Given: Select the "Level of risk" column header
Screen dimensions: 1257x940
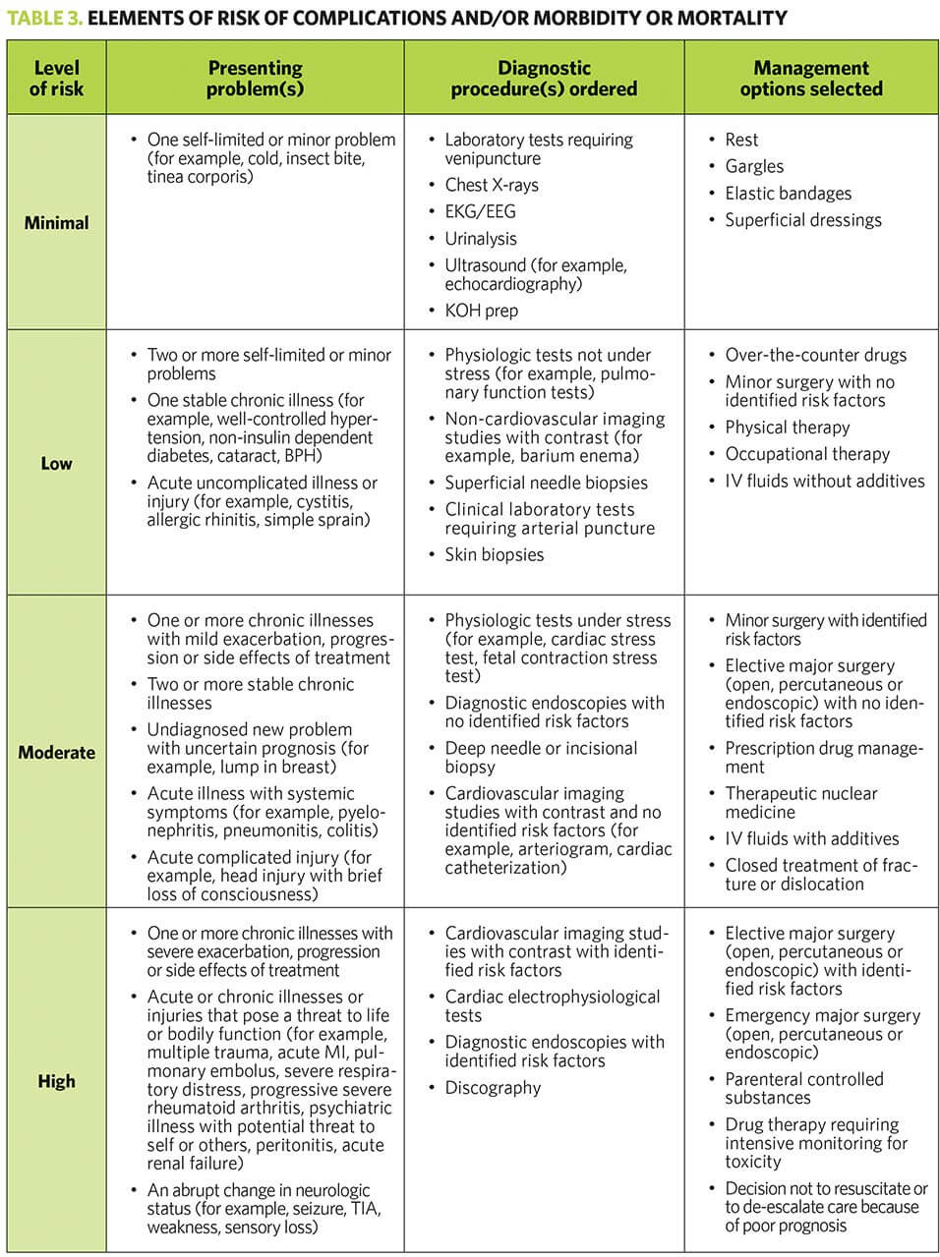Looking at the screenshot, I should pyautogui.click(x=56, y=79).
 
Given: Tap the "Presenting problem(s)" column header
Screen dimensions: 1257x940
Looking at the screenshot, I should pyautogui.click(x=255, y=79).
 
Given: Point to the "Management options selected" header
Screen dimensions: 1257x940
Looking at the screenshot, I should pyautogui.click(x=811, y=79).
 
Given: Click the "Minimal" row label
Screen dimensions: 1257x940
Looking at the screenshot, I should pyautogui.click(x=56, y=223).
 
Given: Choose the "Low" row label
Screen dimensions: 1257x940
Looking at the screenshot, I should pyautogui.click(x=56, y=463).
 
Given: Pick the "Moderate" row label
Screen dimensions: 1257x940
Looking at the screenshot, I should pyautogui.click(x=56, y=753).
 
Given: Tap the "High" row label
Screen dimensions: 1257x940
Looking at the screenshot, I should pyautogui.click(x=56, y=1081).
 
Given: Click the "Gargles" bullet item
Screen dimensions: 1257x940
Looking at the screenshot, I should pyautogui.click(x=754, y=167).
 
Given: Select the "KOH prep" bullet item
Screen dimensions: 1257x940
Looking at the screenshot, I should pyautogui.click(x=481, y=311).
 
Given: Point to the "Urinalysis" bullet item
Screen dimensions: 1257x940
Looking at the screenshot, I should pyautogui.click(x=480, y=239).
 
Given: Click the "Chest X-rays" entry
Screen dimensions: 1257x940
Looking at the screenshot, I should pyautogui.click(x=491, y=185).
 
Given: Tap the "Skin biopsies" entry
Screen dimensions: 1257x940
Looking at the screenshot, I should pyautogui.click(x=494, y=554).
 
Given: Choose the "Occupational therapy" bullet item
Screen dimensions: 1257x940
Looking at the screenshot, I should pyautogui.click(x=806, y=454).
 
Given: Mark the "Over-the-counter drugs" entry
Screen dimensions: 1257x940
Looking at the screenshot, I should pyautogui.click(x=815, y=356).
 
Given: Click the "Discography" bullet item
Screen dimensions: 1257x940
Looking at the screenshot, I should pyautogui.click(x=493, y=1088).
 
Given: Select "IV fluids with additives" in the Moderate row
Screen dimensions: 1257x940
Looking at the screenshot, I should pyautogui.click(x=811, y=838).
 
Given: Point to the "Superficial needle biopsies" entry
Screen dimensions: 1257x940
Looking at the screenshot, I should pyautogui.click(x=546, y=483).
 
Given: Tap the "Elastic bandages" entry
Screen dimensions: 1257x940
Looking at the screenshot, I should pyautogui.click(x=788, y=194).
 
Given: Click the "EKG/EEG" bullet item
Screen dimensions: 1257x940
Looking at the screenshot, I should pyautogui.click(x=480, y=211).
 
